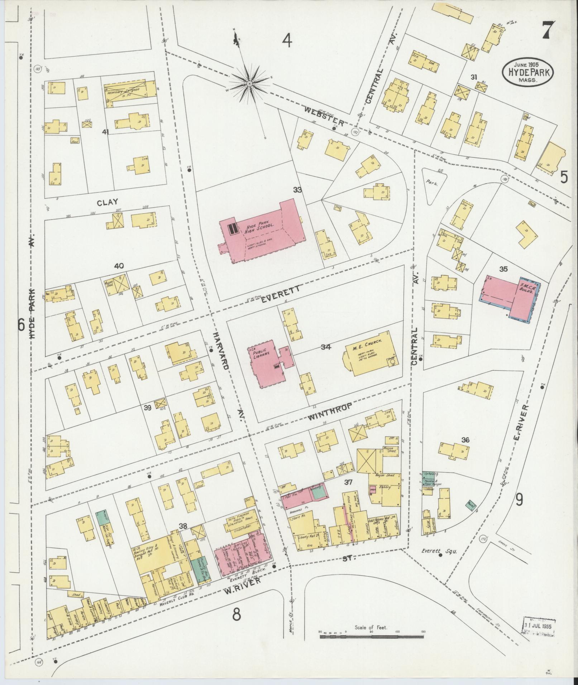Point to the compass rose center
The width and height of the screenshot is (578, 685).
point(249,84)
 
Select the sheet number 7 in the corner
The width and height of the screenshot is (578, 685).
point(548,30)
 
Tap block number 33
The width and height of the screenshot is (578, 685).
point(297,190)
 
